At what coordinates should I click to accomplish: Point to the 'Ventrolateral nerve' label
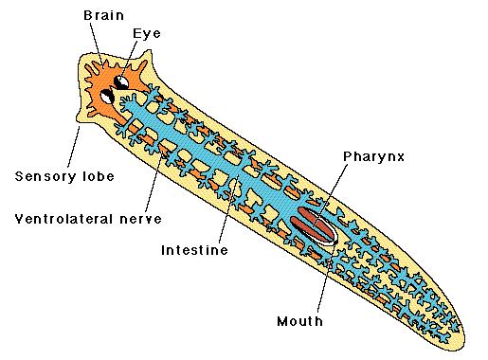click(87, 219)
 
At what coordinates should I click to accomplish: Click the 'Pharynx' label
click(373, 156)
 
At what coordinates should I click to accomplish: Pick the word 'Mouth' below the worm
click(299, 321)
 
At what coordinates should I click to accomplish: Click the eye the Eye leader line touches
click(123, 83)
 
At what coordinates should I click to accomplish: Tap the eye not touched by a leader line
click(109, 96)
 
